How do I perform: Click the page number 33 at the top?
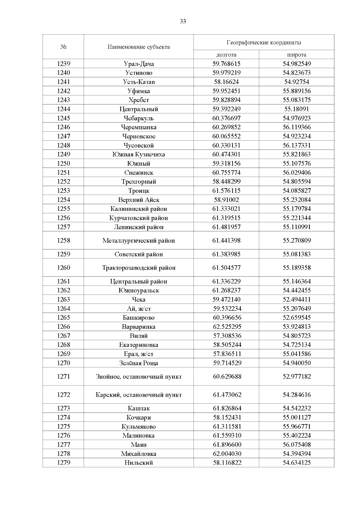tap(183, 21)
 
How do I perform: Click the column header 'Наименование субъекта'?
tap(139, 47)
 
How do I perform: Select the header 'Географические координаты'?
tap(264, 43)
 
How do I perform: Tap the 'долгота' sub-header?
tap(226, 55)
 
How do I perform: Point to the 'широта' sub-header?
tap(296, 55)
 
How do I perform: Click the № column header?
tap(63, 47)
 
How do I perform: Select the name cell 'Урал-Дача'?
tap(139, 64)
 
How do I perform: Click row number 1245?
tap(63, 118)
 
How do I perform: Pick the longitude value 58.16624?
tap(226, 82)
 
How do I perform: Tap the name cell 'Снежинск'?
tap(139, 172)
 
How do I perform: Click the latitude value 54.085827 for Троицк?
tap(296, 191)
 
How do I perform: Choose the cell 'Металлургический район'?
tap(139, 241)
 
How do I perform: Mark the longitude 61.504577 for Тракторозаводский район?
tap(226, 268)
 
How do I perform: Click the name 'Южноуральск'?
tap(139, 290)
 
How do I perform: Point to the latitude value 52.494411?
tap(296, 299)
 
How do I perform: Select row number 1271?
tap(63, 376)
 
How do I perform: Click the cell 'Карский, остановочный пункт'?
tap(139, 395)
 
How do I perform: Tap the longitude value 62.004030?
tap(226, 454)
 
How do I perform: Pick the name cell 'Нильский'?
tap(139, 463)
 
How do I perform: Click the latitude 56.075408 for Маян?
tap(296, 445)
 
